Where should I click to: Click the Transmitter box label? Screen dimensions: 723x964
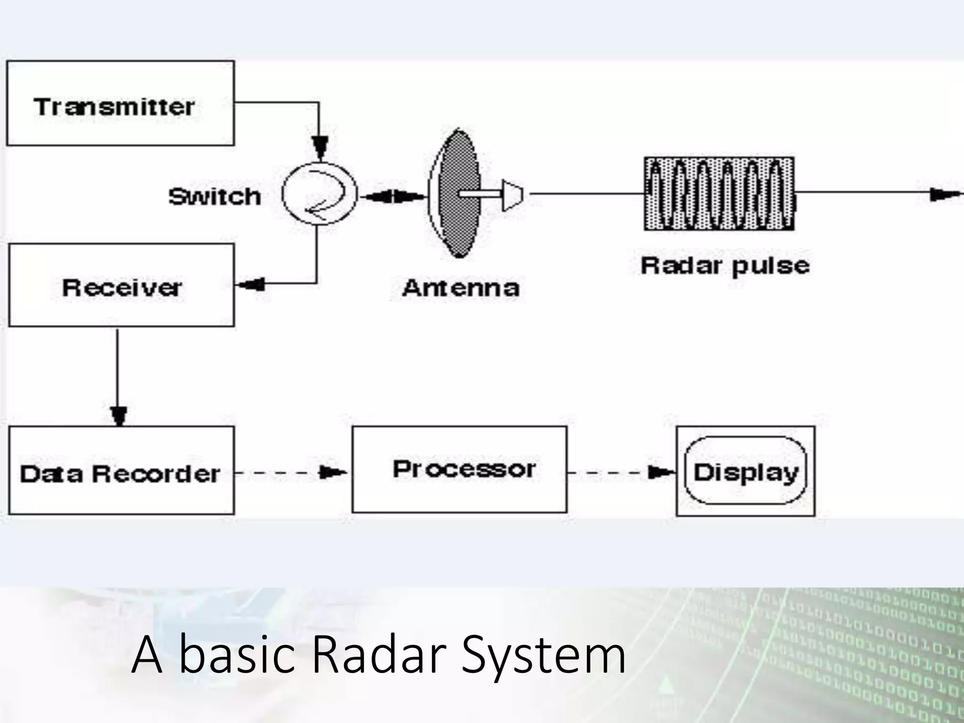pyautogui.click(x=114, y=107)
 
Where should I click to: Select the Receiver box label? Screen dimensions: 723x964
pyautogui.click(x=121, y=288)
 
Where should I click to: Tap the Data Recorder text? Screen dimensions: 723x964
pyautogui.click(x=120, y=474)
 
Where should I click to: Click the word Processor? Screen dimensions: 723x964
pyautogui.click(x=464, y=469)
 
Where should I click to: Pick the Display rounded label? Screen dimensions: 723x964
pyautogui.click(x=746, y=472)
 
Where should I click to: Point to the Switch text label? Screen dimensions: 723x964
pyautogui.click(x=215, y=196)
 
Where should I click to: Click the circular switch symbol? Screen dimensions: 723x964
pyautogui.click(x=320, y=194)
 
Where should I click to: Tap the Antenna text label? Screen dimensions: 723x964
pyautogui.click(x=461, y=288)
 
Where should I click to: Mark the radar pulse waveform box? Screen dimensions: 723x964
pyautogui.click(x=719, y=193)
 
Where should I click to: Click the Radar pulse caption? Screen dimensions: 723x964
pyautogui.click(x=725, y=265)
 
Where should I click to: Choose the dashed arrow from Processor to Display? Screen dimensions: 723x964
pyautogui.click(x=621, y=472)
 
